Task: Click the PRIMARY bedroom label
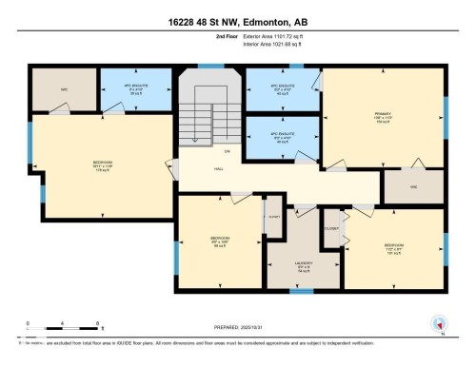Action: point(383,118)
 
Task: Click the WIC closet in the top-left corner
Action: point(64,90)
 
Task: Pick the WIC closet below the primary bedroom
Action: point(414,187)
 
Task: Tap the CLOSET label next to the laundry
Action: point(331,229)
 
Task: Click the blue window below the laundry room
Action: point(302,291)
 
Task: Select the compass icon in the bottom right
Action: point(440,323)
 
